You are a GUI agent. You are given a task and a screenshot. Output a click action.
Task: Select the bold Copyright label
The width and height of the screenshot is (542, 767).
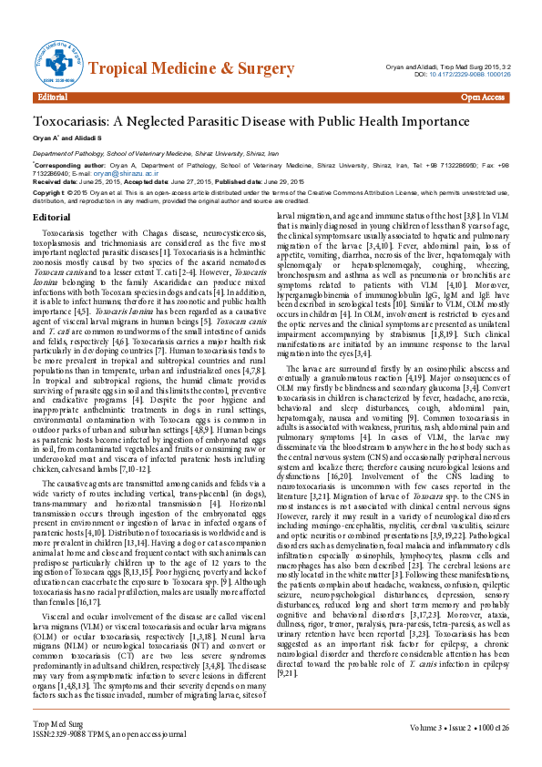(51, 194)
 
